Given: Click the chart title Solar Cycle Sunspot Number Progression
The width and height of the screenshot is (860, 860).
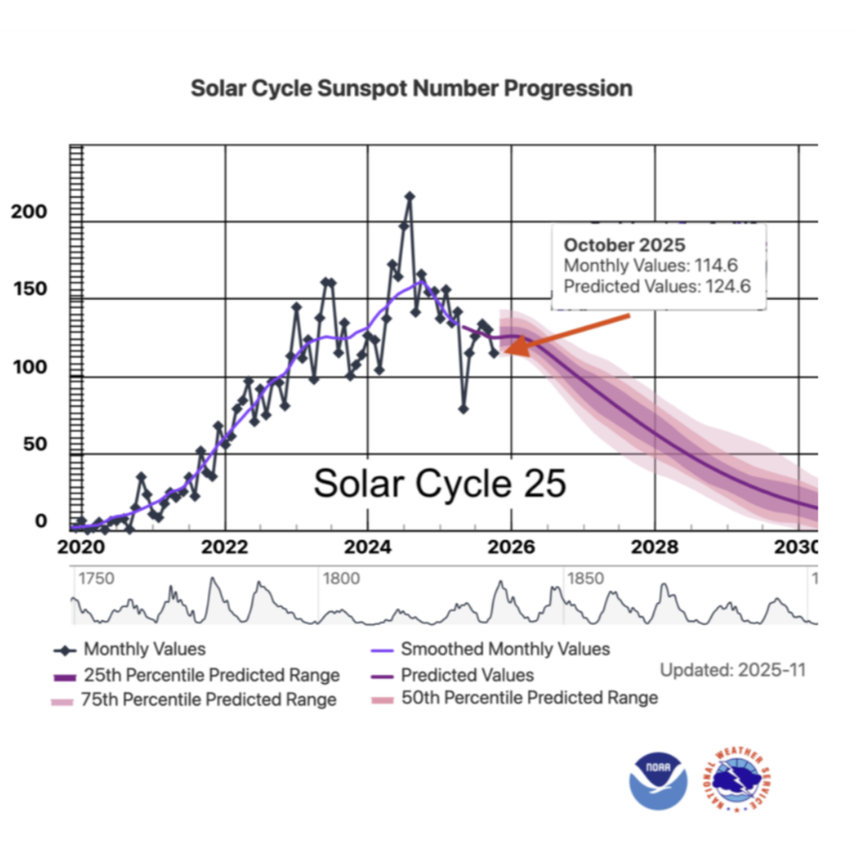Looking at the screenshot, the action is coord(411,88).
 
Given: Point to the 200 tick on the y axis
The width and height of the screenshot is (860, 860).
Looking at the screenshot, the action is coord(29,212).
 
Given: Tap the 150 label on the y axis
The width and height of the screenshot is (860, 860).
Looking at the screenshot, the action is coord(31,289).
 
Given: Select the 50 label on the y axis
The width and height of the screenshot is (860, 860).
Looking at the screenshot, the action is coord(35,443).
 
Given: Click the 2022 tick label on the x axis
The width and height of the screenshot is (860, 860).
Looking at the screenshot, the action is coord(225,547).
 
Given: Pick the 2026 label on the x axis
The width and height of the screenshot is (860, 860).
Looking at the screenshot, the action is coord(511,547).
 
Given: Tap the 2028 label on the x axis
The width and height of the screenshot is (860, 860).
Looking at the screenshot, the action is coord(655,547).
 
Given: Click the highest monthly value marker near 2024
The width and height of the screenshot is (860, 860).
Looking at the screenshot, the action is coord(410,196).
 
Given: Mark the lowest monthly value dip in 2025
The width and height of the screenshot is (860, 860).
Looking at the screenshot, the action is coord(463,409).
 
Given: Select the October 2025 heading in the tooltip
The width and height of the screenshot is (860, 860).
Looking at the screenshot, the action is coord(625,245).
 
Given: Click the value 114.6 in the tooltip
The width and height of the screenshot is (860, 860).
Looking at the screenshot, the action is coord(717,266).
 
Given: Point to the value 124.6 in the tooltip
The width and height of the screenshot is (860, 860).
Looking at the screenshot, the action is coord(728,287).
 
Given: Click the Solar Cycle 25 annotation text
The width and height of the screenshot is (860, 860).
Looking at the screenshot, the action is coord(440,484).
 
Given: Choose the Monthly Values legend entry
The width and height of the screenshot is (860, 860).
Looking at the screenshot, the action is coord(129,650).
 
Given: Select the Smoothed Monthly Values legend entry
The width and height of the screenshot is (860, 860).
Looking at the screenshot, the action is coord(491,650).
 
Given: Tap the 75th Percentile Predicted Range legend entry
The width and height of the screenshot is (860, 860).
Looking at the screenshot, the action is coord(194,699).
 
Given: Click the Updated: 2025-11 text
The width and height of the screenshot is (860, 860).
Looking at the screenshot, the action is coord(733,670).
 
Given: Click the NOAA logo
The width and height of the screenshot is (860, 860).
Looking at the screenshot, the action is coord(658,781).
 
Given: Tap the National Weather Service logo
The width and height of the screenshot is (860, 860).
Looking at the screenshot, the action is coord(737,780).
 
